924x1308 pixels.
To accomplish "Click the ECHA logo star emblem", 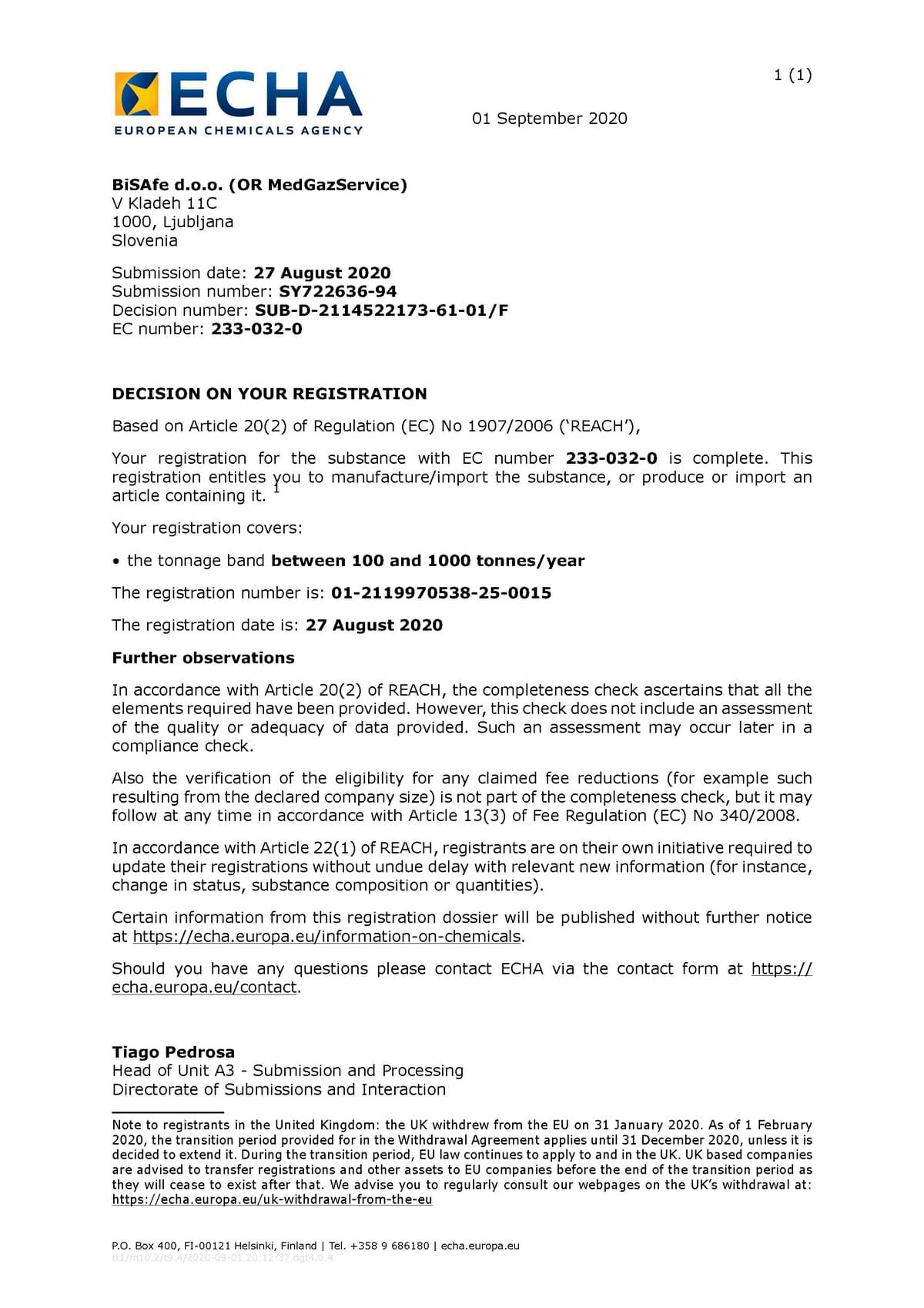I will click(x=137, y=94).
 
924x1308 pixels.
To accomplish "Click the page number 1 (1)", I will click(x=792, y=75).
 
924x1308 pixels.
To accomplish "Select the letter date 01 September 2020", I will click(x=549, y=119).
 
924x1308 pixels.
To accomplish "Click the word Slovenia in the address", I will click(x=145, y=240).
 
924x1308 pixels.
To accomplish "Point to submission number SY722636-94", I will click(x=337, y=291).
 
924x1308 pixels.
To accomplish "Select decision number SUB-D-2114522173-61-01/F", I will click(x=381, y=310).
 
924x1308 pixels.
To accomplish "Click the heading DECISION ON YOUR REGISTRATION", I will click(x=269, y=394).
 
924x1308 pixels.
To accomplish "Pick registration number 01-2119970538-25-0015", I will click(x=441, y=593).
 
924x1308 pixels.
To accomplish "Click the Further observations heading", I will click(x=203, y=658).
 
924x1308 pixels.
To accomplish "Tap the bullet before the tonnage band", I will click(x=116, y=562).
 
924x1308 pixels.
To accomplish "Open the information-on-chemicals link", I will click(x=327, y=937).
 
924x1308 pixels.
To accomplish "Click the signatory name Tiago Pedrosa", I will click(x=173, y=1052).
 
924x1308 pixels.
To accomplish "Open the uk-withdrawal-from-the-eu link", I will click(x=272, y=1199).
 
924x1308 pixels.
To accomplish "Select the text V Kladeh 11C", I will click(x=165, y=203).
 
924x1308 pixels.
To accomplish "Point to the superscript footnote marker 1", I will click(x=276, y=488).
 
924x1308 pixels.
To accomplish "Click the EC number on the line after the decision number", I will click(x=256, y=329).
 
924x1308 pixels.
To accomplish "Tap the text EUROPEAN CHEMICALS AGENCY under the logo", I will click(x=238, y=131).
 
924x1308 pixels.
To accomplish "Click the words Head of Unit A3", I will click(x=173, y=1071).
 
